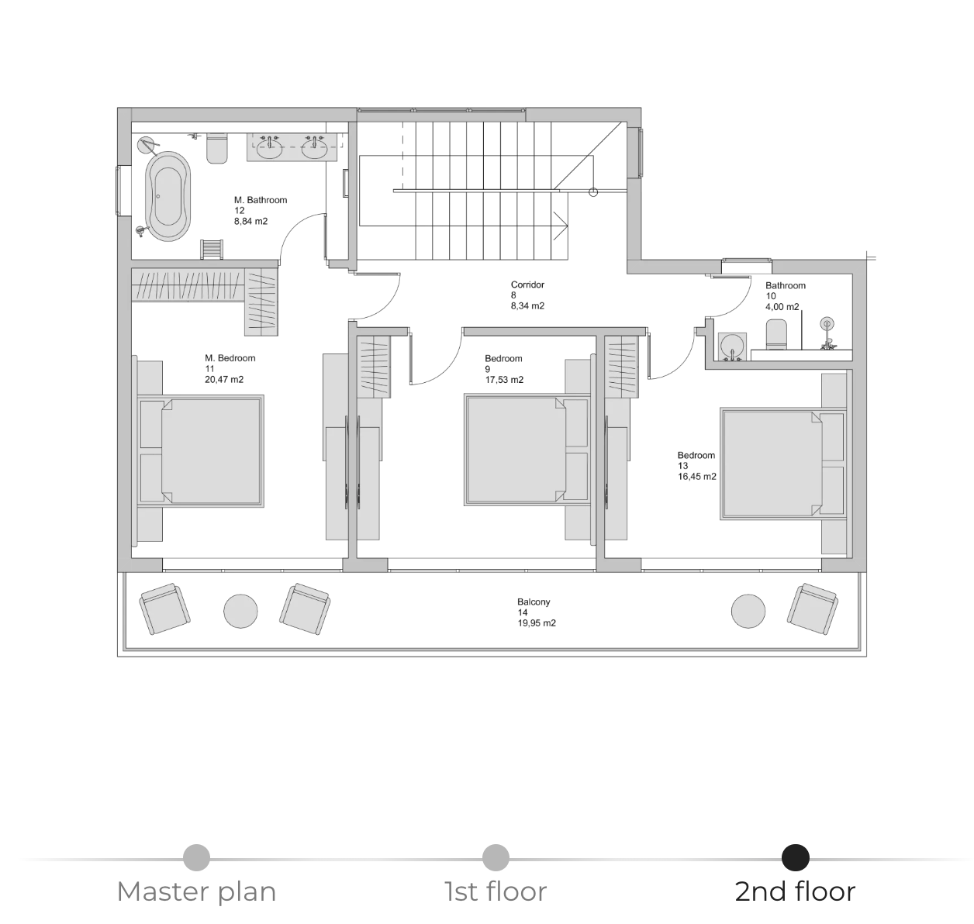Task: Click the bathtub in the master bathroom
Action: [x=168, y=196]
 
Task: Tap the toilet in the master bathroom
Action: [x=216, y=147]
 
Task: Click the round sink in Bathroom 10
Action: [x=732, y=345]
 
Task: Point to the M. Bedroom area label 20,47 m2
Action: [x=224, y=380]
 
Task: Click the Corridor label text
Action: [x=527, y=285]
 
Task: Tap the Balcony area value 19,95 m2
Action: [x=537, y=623]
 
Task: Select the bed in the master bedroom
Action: [x=200, y=451]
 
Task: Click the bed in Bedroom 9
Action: [x=527, y=450]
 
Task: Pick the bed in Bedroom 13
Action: [x=783, y=464]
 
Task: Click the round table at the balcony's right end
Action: [x=748, y=612]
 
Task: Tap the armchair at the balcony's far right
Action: [x=813, y=609]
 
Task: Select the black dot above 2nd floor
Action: [x=795, y=857]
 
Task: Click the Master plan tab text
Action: [x=196, y=891]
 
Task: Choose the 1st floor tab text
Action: [x=496, y=891]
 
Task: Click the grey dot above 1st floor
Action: [x=496, y=857]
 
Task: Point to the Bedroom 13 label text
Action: [x=696, y=460]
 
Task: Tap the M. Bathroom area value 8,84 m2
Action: [x=250, y=222]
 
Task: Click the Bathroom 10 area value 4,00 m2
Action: [x=782, y=307]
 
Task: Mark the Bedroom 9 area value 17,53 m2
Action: [x=504, y=380]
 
